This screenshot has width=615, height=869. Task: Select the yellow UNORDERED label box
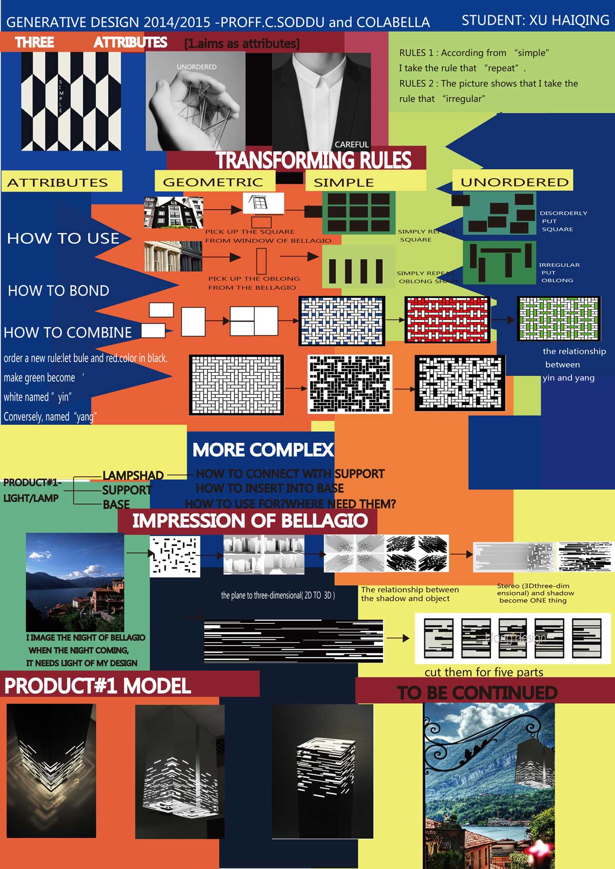point(514,182)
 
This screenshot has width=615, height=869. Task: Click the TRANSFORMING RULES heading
point(313,160)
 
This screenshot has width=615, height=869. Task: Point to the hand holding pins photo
point(195,102)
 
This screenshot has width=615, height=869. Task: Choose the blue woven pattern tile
point(341,321)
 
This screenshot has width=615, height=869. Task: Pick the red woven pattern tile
point(447,320)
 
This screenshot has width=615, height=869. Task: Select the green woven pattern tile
point(558,319)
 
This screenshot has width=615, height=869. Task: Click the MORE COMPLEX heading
point(263,450)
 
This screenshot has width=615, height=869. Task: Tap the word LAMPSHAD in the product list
point(133,475)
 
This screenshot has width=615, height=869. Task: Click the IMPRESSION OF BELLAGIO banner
point(250,521)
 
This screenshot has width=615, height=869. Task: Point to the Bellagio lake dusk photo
point(75,582)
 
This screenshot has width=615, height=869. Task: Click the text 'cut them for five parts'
point(483,672)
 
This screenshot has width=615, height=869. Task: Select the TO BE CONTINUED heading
point(477,693)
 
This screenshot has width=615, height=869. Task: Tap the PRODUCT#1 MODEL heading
point(97,686)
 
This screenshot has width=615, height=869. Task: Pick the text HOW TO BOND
point(58,290)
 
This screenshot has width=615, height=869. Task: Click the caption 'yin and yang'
point(568,378)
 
